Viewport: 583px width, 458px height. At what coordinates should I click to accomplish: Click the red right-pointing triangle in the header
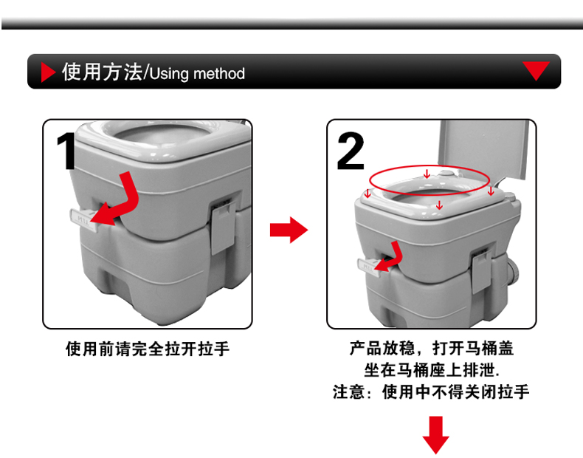click(x=46, y=72)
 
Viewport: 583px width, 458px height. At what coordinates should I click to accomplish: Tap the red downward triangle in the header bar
click(x=536, y=70)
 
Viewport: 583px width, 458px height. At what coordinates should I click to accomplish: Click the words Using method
click(x=197, y=73)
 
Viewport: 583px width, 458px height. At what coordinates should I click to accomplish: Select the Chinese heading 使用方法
click(x=103, y=72)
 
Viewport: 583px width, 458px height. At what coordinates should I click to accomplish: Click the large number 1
click(x=67, y=151)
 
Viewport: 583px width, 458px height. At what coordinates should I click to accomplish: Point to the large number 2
click(x=350, y=151)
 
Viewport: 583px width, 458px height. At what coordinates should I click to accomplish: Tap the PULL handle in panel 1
click(x=83, y=220)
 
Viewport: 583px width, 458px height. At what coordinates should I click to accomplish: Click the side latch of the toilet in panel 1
click(x=223, y=228)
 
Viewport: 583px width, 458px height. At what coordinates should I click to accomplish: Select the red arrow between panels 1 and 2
click(x=289, y=230)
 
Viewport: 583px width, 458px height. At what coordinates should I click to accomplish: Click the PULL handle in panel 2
click(x=368, y=267)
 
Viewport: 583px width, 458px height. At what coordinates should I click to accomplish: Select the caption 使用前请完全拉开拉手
click(x=148, y=349)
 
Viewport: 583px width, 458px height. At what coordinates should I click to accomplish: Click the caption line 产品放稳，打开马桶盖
click(x=431, y=348)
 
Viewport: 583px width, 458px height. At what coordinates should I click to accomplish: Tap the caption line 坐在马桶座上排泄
click(x=432, y=370)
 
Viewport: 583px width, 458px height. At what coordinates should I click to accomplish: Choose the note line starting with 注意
click(x=431, y=392)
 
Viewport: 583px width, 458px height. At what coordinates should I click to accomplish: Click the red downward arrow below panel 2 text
click(x=435, y=435)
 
